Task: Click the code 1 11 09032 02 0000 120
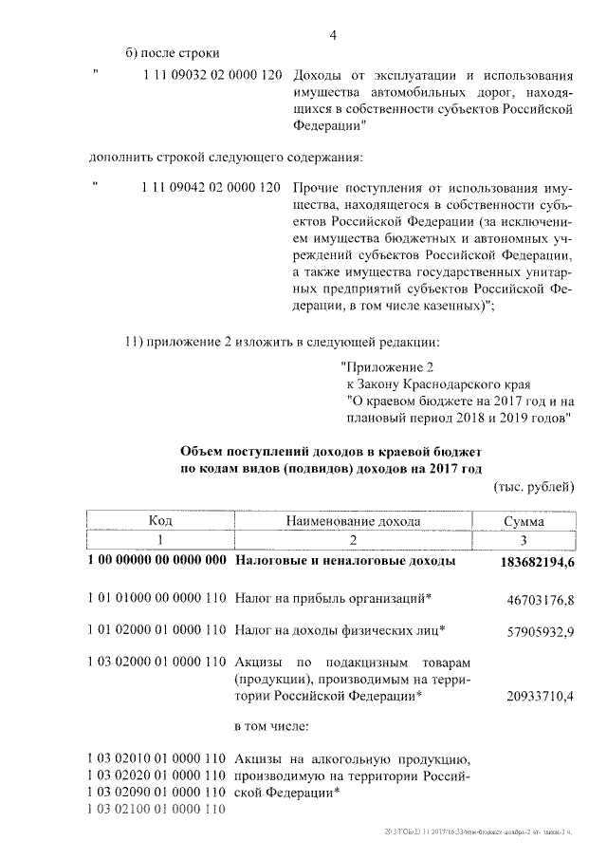(210, 75)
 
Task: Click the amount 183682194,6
(537, 562)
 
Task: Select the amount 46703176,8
(541, 600)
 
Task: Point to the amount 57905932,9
(541, 630)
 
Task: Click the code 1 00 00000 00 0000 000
(157, 561)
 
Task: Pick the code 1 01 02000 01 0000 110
(157, 629)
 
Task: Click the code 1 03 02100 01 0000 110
(157, 809)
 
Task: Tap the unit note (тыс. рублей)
(534, 488)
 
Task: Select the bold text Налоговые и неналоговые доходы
(345, 561)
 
